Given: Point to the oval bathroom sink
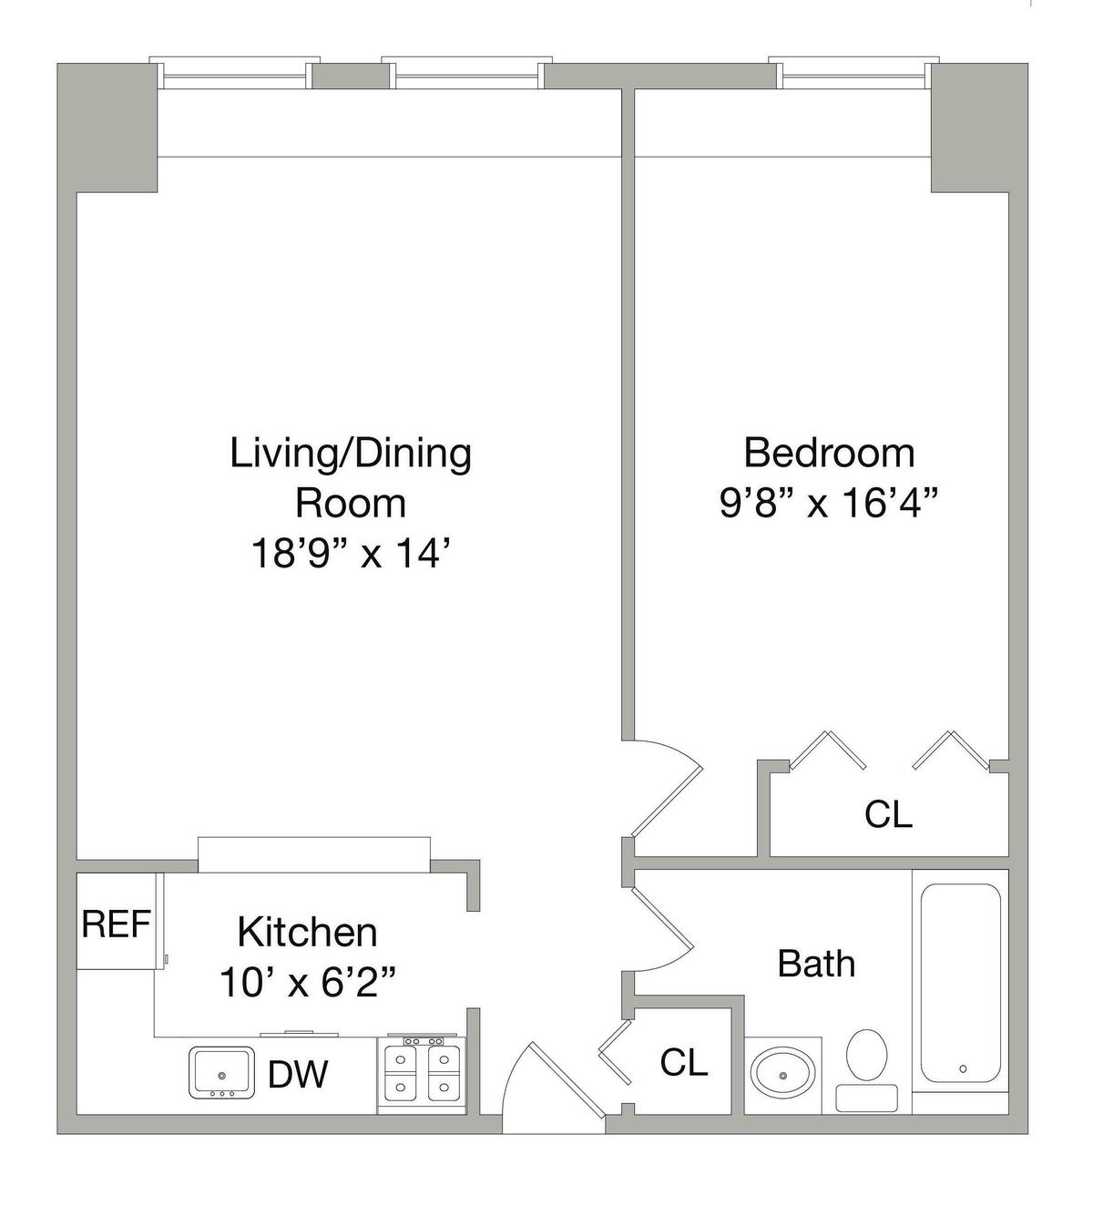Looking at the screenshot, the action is coord(783,1076).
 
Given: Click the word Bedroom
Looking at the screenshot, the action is coord(829,454).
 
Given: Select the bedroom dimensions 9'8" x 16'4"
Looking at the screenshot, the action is coord(829,504).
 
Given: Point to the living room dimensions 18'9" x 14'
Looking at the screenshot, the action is coord(351,554).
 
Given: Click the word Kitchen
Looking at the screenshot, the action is coord(308,932).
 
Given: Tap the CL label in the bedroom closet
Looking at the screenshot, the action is coord(888,814).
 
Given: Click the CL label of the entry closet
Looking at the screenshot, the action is coord(684,1062).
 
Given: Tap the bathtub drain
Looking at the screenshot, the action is coord(963,1069).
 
